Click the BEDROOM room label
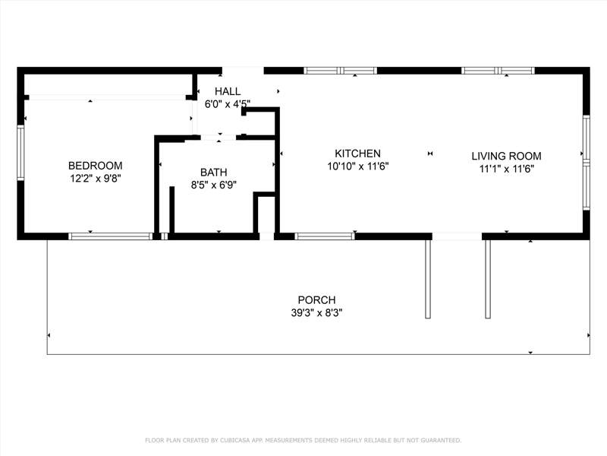pyautogui.click(x=96, y=166)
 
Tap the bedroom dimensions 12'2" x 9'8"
pyautogui.click(x=96, y=179)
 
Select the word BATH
pyautogui.click(x=214, y=173)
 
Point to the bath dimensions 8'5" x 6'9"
pyautogui.click(x=214, y=185)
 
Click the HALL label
pyautogui.click(x=228, y=91)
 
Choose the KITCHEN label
pyautogui.click(x=357, y=154)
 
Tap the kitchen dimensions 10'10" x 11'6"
pyautogui.click(x=358, y=166)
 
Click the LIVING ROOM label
pyautogui.click(x=506, y=156)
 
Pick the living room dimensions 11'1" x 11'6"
pyautogui.click(x=507, y=169)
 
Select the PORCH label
pyautogui.click(x=316, y=299)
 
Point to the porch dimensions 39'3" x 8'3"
pyautogui.click(x=316, y=312)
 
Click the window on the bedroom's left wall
pyautogui.click(x=20, y=153)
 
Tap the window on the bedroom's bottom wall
pyautogui.click(x=111, y=236)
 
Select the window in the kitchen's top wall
pyautogui.click(x=340, y=71)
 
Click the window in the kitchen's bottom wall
pyautogui.click(x=325, y=236)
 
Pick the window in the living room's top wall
pyautogui.click(x=498, y=71)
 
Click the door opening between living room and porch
pyautogui.click(x=457, y=236)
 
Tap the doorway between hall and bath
pyautogui.click(x=219, y=138)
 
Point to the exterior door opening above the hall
pyautogui.click(x=243, y=71)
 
